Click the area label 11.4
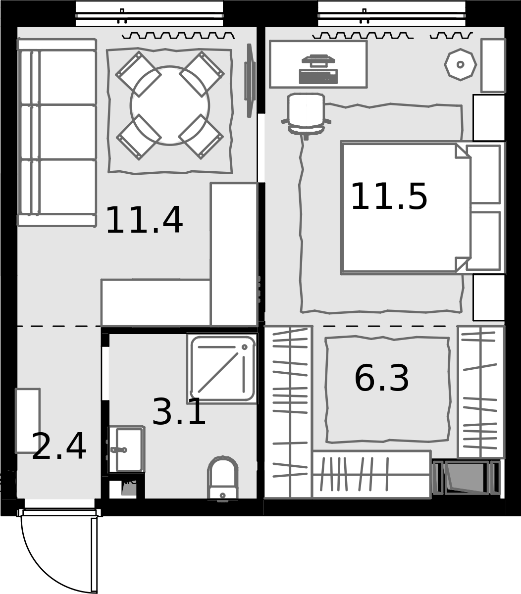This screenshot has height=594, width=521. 144,220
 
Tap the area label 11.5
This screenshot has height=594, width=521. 389,196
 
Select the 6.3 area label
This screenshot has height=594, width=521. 382,378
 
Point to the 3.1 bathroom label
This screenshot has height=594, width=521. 179,412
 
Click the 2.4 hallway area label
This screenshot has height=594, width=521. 59,446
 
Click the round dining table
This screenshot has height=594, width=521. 170,105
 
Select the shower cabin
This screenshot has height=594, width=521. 222,368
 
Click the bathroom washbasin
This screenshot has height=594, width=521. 127,449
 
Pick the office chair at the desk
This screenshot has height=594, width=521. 306,116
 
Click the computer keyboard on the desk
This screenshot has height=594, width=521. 318,76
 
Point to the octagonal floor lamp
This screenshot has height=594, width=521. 460,64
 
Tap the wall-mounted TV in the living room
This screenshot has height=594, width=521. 249,81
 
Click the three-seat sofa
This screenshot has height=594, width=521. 57,133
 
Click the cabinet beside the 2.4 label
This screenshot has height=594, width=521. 28,421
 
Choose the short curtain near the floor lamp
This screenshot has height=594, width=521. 452,36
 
